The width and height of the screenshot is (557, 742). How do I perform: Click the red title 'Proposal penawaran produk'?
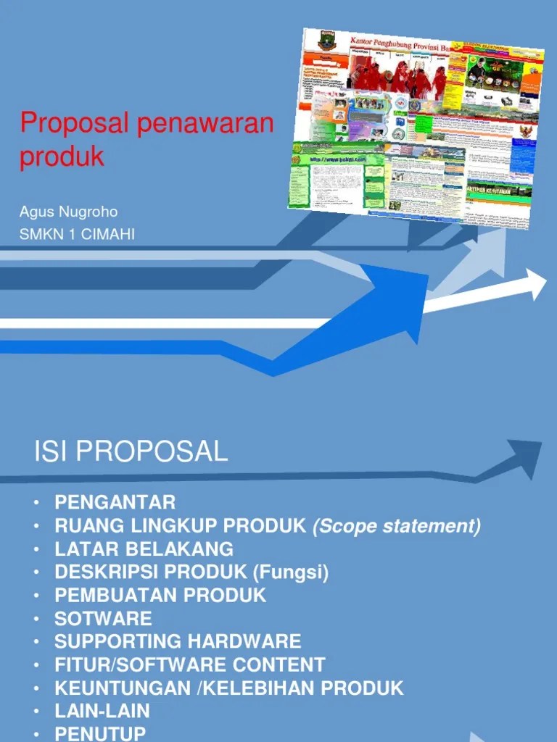(147, 140)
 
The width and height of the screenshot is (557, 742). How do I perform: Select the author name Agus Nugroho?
(68, 212)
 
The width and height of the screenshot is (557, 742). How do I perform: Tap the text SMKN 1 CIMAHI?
(77, 234)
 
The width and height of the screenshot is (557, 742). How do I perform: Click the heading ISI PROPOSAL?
(131, 451)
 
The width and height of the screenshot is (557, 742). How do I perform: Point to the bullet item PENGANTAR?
(115, 502)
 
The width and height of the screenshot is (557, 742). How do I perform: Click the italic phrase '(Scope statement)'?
(396, 525)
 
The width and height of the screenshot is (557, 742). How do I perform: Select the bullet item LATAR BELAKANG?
(144, 549)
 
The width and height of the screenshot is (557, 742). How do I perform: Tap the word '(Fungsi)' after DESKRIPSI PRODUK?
(291, 572)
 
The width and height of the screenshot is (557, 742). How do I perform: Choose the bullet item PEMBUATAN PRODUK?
(160, 595)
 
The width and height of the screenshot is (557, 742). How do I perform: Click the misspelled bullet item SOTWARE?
(103, 618)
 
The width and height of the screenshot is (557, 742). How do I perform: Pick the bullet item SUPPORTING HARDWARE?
(178, 641)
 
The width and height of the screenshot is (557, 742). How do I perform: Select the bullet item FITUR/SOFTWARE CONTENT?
(189, 664)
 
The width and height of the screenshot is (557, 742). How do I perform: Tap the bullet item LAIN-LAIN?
(102, 711)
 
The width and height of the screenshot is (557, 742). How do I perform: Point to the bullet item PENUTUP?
(100, 733)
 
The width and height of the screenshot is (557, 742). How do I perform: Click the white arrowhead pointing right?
(535, 284)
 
